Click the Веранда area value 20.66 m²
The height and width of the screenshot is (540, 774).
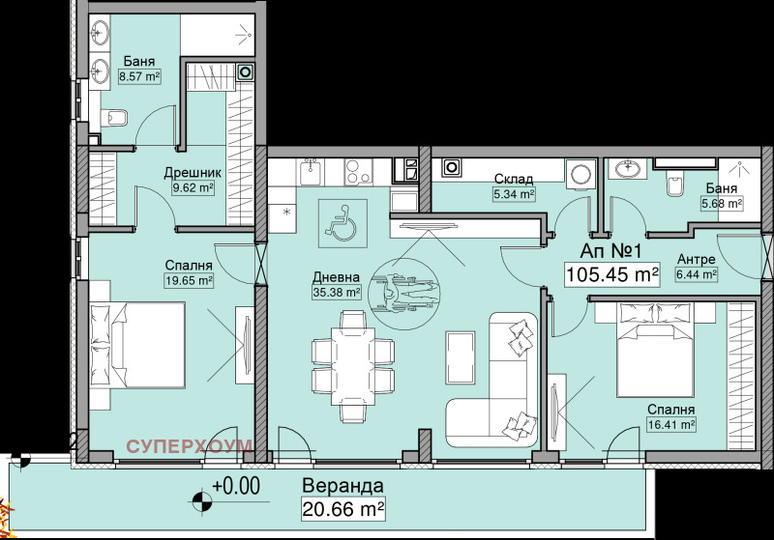click(x=343, y=508)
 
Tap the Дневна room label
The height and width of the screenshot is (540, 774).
click(x=336, y=277)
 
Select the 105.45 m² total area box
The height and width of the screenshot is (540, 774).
click(x=612, y=274)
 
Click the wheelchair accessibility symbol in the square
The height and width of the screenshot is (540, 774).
click(x=342, y=223)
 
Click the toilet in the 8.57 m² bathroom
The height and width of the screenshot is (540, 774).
click(x=114, y=118)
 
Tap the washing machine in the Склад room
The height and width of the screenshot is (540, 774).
click(x=581, y=174)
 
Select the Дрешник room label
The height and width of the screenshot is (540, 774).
click(x=193, y=173)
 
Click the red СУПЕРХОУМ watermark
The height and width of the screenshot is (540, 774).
click(x=190, y=446)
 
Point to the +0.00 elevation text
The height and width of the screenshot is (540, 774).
click(x=236, y=486)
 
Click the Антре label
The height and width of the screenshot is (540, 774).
click(x=696, y=259)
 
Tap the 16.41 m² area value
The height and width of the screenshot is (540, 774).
click(x=671, y=424)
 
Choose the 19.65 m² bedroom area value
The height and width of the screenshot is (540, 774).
click(x=189, y=281)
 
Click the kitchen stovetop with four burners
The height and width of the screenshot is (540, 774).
click(x=358, y=173)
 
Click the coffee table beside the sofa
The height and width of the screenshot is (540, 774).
click(x=461, y=357)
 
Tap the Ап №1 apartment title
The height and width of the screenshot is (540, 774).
click(x=610, y=251)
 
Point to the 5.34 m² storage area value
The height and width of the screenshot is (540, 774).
click(x=515, y=194)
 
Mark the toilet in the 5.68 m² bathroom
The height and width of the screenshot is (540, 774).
click(x=674, y=183)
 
